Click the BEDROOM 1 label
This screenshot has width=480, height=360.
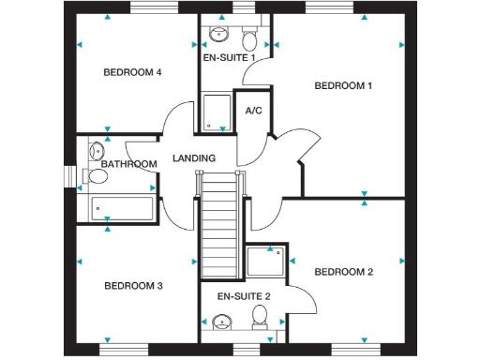click(343, 86)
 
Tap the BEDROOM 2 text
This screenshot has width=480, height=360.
click(343, 272)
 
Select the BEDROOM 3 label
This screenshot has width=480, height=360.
click(133, 286)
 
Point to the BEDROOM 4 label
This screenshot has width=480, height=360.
click(132, 72)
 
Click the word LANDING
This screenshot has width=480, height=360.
click(194, 158)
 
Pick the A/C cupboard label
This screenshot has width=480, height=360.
click(253, 111)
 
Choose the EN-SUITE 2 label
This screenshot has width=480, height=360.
click(243, 296)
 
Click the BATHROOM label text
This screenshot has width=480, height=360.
click(128, 164)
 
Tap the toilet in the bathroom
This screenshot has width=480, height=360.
click(96, 175)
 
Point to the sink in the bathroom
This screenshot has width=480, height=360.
click(96, 149)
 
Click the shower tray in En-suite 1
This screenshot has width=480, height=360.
click(217, 112)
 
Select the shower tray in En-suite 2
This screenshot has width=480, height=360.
click(265, 262)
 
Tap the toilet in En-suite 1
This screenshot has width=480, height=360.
click(249, 39)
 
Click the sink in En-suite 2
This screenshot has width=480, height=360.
click(221, 323)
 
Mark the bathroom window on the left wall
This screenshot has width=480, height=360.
click(69, 176)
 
